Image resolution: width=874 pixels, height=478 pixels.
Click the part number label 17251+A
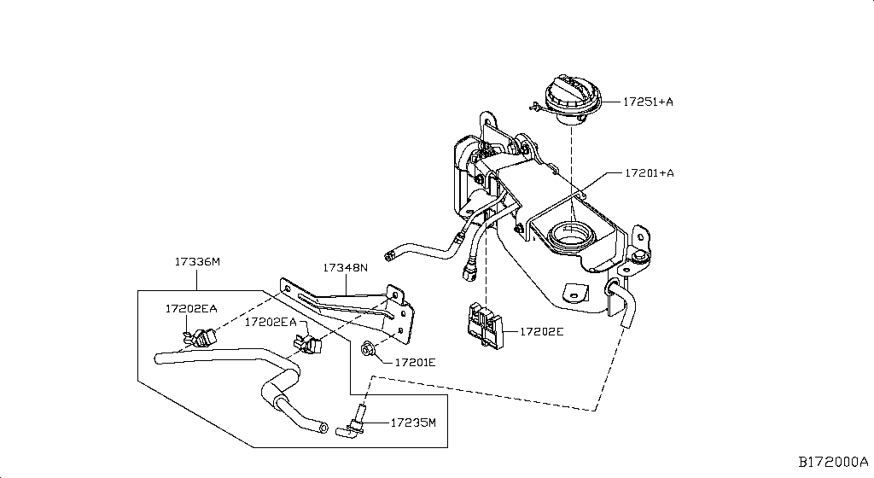648,102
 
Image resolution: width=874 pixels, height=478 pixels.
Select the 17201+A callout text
649,173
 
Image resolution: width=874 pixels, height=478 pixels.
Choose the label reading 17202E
536,329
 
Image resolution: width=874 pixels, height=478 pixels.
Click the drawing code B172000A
833,462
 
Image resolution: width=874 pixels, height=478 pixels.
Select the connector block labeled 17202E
484,328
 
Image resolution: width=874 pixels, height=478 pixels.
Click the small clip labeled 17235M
356,423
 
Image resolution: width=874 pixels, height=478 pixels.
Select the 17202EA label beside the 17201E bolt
271,322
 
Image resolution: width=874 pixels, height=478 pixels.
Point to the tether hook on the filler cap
534,107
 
